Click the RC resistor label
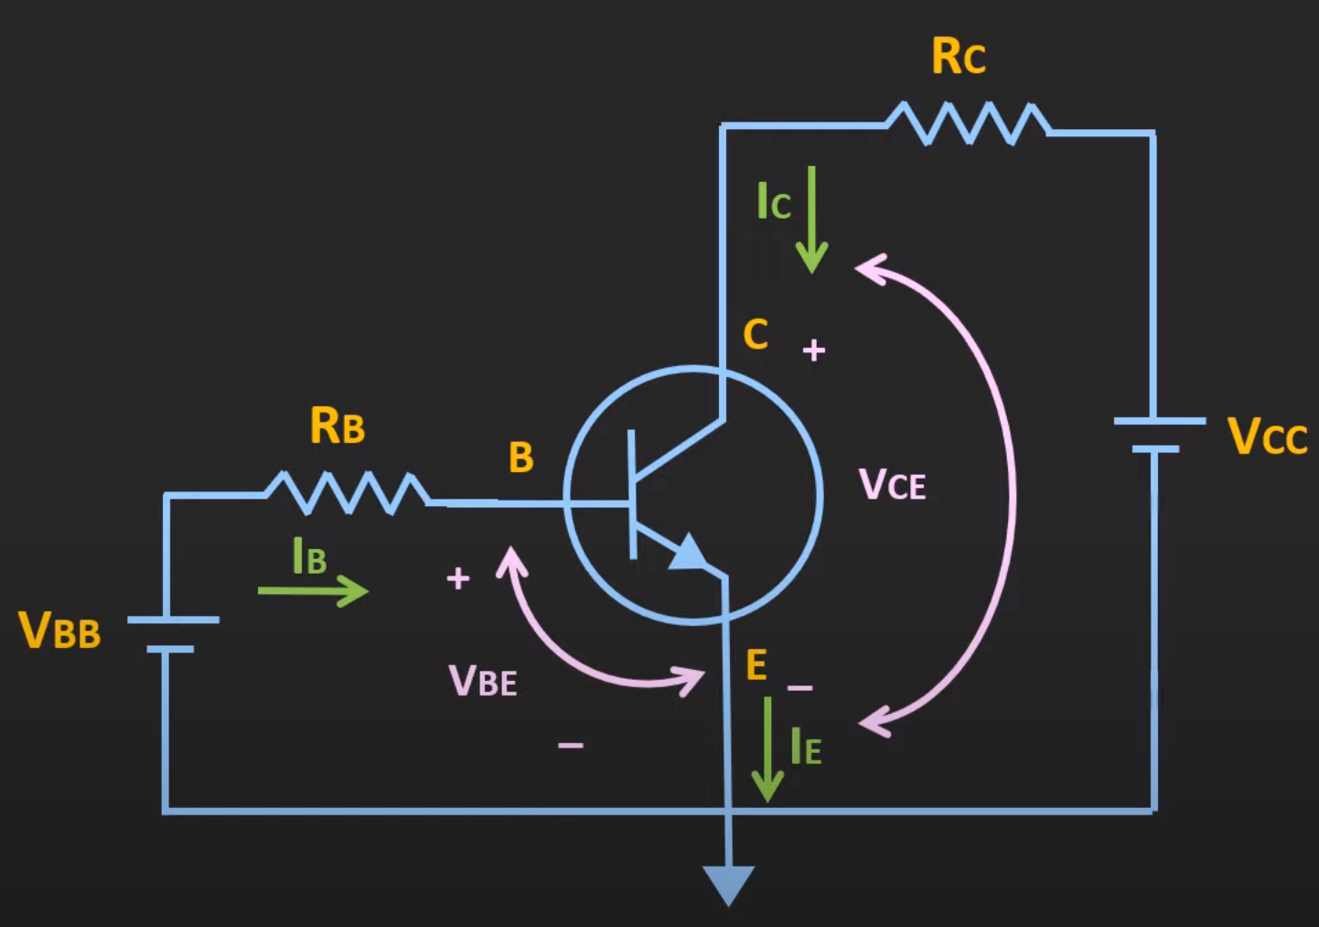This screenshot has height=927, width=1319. coord(958,57)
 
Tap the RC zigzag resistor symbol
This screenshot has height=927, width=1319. coord(968,124)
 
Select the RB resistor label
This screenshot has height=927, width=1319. coord(337,426)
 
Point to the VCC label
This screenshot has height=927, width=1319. coord(1267,437)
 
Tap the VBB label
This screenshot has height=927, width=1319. coord(59,631)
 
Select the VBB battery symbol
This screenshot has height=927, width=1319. coord(172,634)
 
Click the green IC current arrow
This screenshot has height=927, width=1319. coord(810,220)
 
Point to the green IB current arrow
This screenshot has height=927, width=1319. coord(313,590)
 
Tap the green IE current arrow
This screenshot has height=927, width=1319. coord(767,749)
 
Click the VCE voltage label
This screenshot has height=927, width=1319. coord(892,484)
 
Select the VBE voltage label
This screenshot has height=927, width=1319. coord(482,681)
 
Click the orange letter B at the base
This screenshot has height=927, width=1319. coord(520,458)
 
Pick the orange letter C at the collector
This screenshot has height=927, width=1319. coord(756,335)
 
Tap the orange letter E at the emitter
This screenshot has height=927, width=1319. coord(756,665)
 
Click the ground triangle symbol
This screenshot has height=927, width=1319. coord(729,883)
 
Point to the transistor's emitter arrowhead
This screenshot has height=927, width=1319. coord(688,553)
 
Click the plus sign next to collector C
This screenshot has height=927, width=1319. coord(814,350)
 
